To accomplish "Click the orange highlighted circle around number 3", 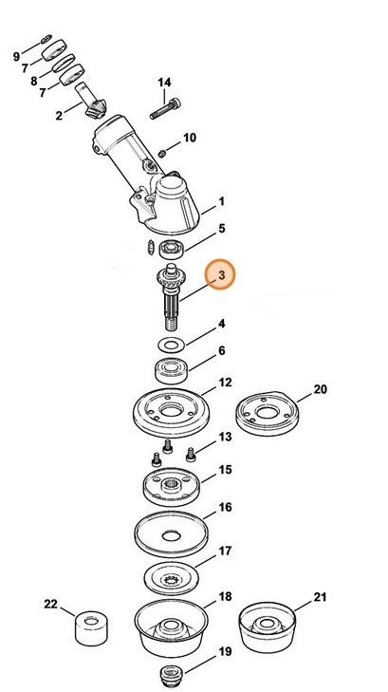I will pos(222,276).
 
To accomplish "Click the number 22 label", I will pos(50,605).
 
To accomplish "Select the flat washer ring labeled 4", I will pos(170,343).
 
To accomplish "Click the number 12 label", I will pos(224,383).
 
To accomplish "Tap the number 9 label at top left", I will pos(16,57).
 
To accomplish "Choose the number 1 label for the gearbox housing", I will pos(221,202).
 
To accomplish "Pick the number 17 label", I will pos(225,551).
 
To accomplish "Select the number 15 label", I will pos(225,470).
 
